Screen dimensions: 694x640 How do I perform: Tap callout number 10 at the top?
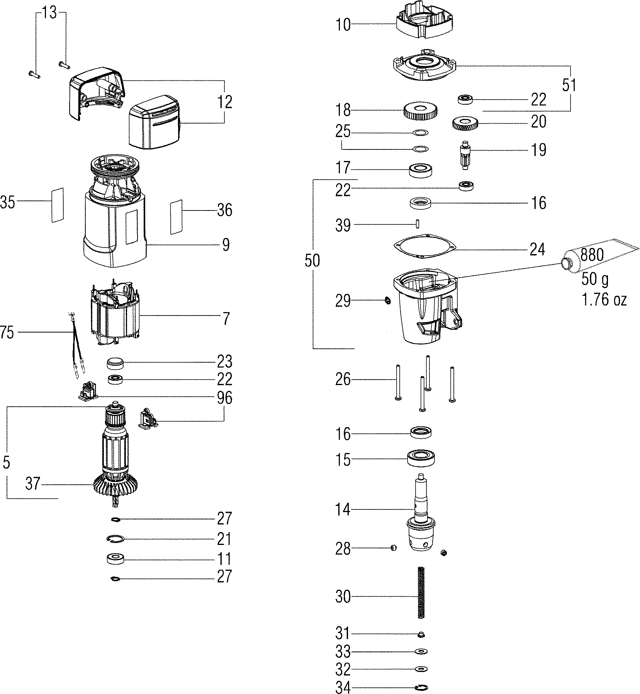(x=343, y=25)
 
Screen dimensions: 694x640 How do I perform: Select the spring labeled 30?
(x=421, y=597)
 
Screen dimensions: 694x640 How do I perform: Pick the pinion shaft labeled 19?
(x=465, y=154)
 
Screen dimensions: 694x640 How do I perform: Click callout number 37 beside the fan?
(x=33, y=484)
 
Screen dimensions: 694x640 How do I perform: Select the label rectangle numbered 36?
(x=176, y=217)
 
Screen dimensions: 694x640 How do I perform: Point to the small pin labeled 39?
(x=418, y=224)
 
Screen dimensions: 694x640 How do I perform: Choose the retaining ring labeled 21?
(x=115, y=539)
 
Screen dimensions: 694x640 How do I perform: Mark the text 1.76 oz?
(x=604, y=300)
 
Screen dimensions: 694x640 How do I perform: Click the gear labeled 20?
(x=465, y=124)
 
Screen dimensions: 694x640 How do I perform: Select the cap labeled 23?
(x=115, y=363)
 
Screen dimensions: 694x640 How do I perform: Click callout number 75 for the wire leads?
(x=7, y=332)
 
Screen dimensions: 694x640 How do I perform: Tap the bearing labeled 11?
(x=115, y=559)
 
